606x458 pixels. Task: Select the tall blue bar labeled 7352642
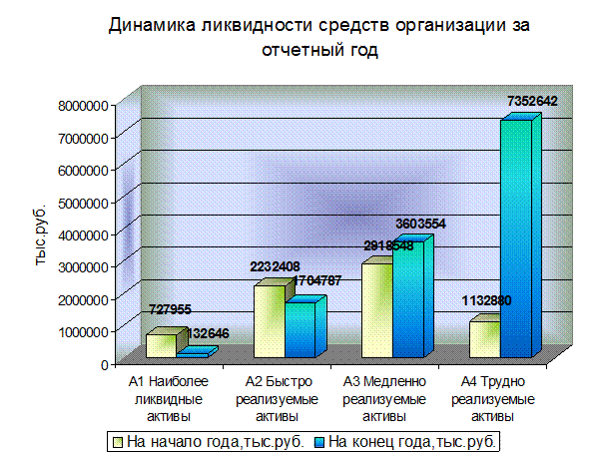tap(514, 239)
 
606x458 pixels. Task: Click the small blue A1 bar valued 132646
tap(192, 354)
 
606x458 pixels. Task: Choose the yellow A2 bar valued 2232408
tap(269, 321)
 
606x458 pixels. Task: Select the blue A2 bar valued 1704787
tap(300, 329)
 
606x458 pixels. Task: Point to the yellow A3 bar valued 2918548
tap(376, 309)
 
